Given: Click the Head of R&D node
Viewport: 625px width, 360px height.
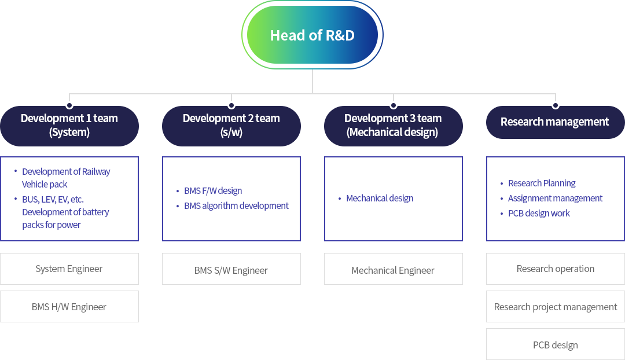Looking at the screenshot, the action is (x=312, y=35).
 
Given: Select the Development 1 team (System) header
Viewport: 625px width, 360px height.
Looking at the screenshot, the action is (x=69, y=126).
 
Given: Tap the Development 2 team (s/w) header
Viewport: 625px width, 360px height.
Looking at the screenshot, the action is (x=231, y=126).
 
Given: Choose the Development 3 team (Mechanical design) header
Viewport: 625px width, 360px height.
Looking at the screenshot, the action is (x=394, y=126).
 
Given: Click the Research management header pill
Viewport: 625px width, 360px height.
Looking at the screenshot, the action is (x=555, y=122).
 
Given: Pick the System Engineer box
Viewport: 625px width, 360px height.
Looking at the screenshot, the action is (x=69, y=269).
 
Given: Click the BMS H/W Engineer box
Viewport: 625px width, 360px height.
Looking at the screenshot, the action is (x=69, y=307).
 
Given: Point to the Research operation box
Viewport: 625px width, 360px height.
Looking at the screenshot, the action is (x=555, y=269).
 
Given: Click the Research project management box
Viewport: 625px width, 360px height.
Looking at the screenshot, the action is (x=555, y=307).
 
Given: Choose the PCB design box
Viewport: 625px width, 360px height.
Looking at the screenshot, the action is (x=555, y=344).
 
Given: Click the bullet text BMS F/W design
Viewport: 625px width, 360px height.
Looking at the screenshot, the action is (x=213, y=190).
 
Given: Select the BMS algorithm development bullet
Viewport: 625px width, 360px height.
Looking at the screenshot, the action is (x=236, y=205).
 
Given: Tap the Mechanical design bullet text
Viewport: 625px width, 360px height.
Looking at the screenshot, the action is (x=380, y=198).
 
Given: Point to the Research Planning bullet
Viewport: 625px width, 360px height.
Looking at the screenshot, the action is (x=542, y=183).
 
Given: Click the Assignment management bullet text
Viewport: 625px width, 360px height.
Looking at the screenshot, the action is (x=555, y=198).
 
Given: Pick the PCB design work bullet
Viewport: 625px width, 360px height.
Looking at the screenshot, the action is (x=539, y=214).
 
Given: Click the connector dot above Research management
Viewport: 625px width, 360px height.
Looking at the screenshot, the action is (x=555, y=106).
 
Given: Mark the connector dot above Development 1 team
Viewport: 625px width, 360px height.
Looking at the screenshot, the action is (x=69, y=106).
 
